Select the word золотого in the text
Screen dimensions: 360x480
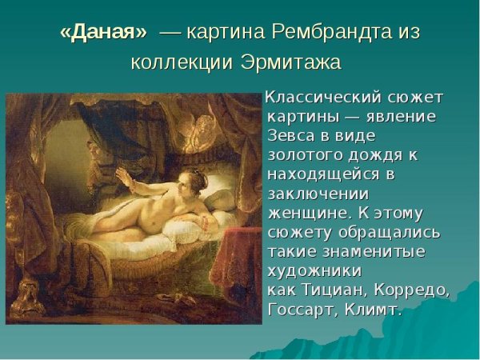pos(301,155)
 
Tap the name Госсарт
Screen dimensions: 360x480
pos(301,309)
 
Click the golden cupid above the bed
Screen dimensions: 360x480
pos(213,111)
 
